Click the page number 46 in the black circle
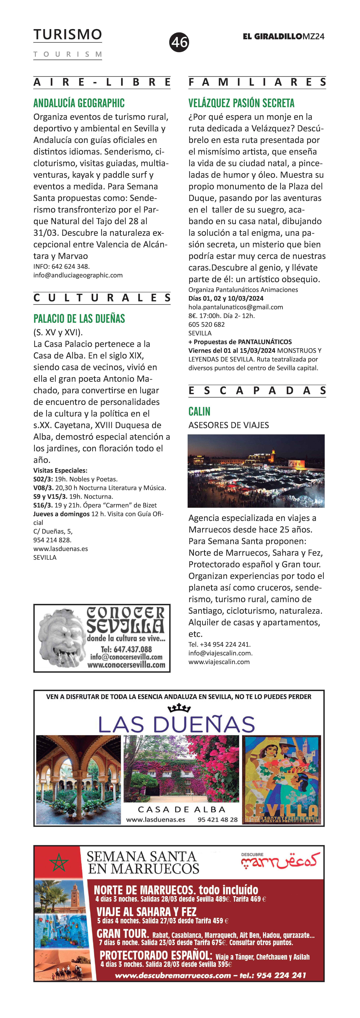[x=179, y=42]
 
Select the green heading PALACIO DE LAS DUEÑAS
[x=79, y=319]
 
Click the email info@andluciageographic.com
[x=78, y=275]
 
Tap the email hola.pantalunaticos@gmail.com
[x=235, y=307]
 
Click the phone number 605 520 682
[x=206, y=324]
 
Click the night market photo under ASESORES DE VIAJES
[x=256, y=471]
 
